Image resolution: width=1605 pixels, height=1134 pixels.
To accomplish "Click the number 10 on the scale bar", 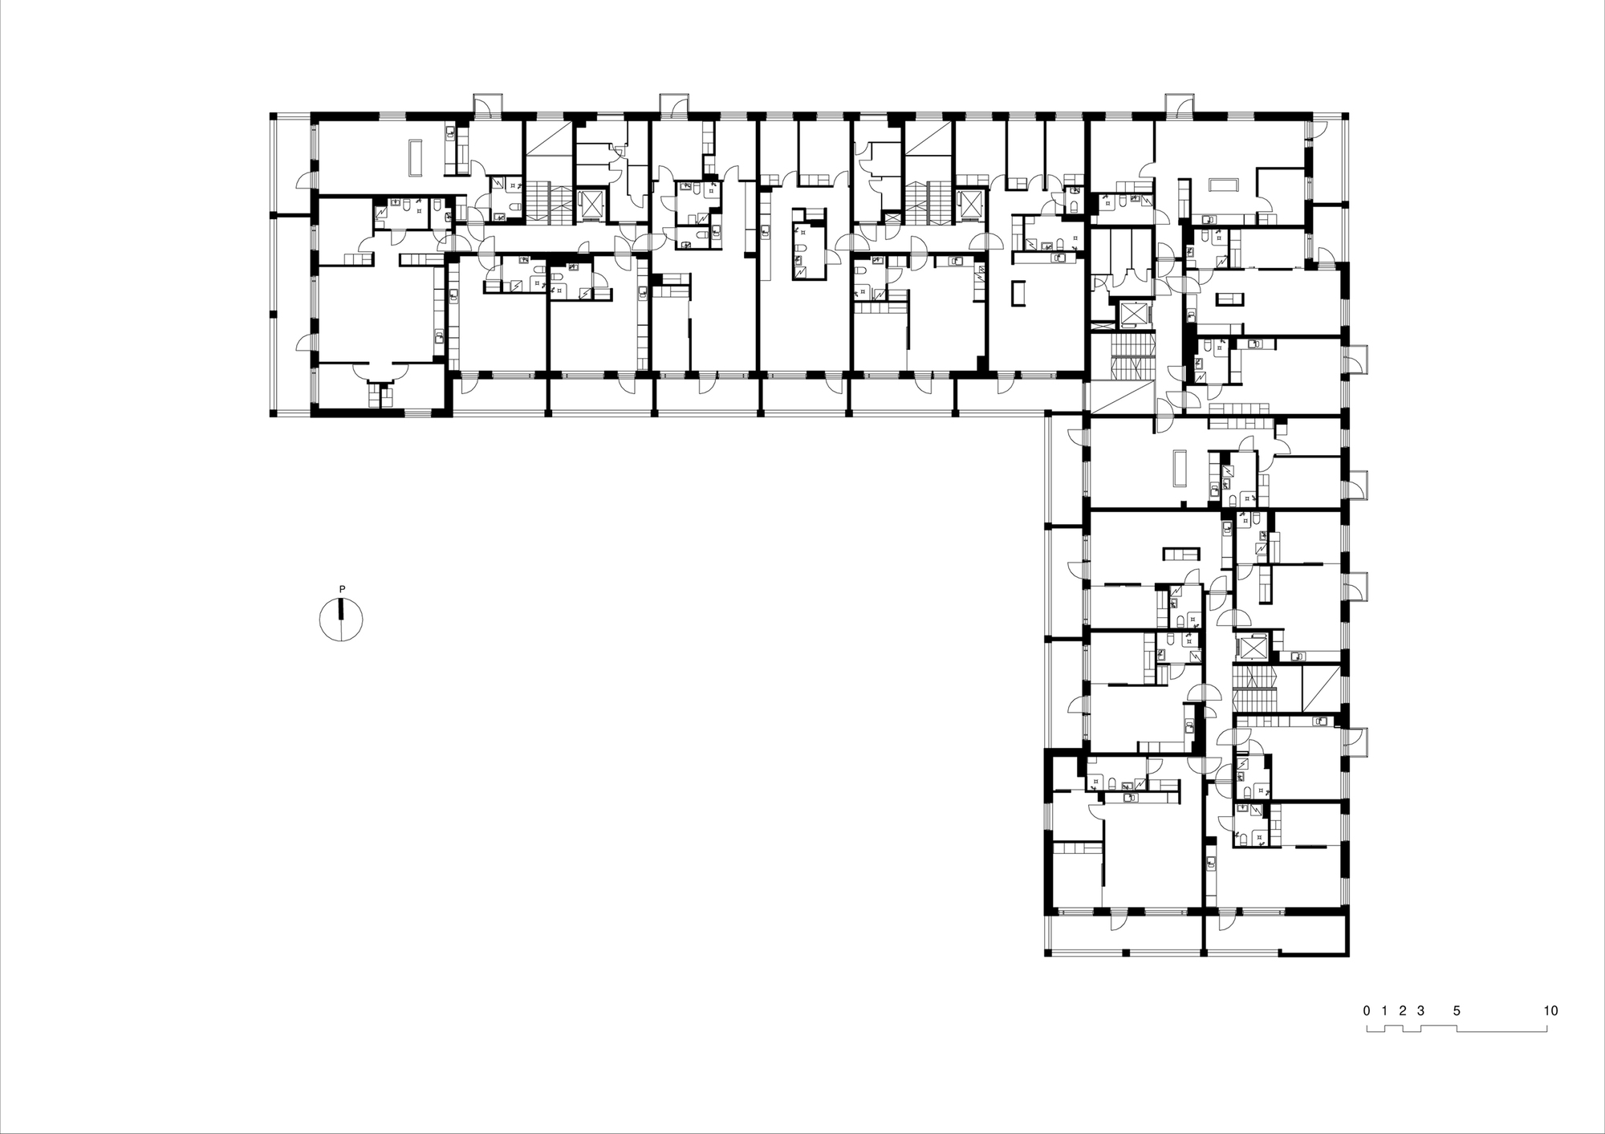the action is [x=1550, y=1010].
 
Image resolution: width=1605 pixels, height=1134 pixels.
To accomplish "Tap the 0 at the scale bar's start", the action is [x=1367, y=1010].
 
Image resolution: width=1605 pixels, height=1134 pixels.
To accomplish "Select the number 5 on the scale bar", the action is [x=1457, y=1010].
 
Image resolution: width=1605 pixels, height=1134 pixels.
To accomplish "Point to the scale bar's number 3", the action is [x=1420, y=1010].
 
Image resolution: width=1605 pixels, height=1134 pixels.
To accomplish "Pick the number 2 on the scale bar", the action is [x=1403, y=1010].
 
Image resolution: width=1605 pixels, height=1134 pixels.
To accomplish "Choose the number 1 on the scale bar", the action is [x=1385, y=1010].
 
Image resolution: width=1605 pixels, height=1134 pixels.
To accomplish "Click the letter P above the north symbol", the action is [x=342, y=589].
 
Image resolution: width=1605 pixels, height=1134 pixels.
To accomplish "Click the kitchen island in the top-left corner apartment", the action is [x=415, y=158].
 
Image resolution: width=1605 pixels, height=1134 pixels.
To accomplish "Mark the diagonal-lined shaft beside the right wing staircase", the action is [x=1319, y=687].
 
